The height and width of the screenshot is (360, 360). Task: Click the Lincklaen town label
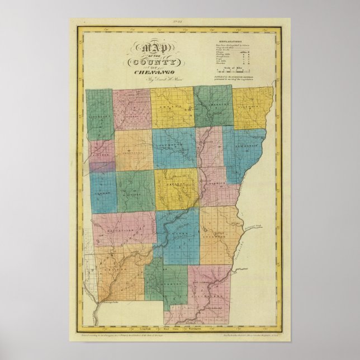[x=100, y=119]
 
